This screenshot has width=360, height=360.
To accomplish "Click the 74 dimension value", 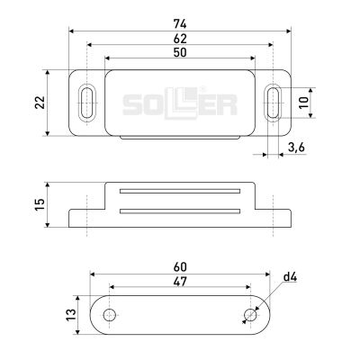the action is point(180,24).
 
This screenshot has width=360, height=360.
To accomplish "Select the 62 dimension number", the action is point(180,39).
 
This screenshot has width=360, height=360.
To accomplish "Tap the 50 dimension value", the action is point(180,52).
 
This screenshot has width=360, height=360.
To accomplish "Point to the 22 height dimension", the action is point(40,103).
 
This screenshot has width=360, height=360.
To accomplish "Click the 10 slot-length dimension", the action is point(303,103).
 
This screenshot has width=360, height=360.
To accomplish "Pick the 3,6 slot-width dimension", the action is point(296,148).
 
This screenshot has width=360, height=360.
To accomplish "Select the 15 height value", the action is point(40,204).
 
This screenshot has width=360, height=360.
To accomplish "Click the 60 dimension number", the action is point(180,266).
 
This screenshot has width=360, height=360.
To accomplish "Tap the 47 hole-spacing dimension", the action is point(180,282).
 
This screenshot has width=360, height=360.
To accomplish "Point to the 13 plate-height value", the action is point(71,315).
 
